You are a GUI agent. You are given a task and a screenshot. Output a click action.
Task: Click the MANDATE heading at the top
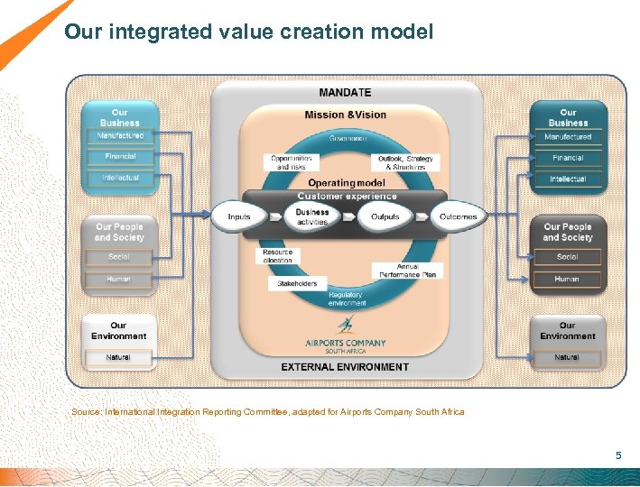pyautogui.click(x=345, y=93)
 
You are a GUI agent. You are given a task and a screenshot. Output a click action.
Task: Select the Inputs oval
pyautogui.click(x=239, y=217)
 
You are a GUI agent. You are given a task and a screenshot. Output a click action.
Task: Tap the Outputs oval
pyautogui.click(x=385, y=217)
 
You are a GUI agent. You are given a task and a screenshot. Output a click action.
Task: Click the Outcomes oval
pyautogui.click(x=459, y=217)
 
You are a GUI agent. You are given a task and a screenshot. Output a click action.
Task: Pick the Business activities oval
pyautogui.click(x=312, y=217)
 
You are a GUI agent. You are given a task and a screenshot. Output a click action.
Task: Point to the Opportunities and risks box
pyautogui.click(x=292, y=163)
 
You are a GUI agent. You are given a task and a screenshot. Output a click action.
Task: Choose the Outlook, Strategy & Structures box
pyautogui.click(x=405, y=163)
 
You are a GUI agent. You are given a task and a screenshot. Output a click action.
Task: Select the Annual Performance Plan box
pyautogui.click(x=407, y=271)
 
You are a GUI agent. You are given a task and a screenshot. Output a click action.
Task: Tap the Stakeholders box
pyautogui.click(x=296, y=283)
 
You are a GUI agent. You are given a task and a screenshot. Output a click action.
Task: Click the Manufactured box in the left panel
pyautogui.click(x=120, y=136)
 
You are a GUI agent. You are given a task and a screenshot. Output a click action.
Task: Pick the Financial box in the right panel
pyautogui.click(x=568, y=158)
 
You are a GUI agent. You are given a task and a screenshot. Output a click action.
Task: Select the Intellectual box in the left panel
pyautogui.click(x=120, y=179)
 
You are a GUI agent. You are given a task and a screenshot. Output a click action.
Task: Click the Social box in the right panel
pyautogui.click(x=568, y=257)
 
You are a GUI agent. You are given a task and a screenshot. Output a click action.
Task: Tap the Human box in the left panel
pyautogui.click(x=119, y=279)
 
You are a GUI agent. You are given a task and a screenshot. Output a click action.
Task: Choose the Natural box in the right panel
pyautogui.click(x=568, y=358)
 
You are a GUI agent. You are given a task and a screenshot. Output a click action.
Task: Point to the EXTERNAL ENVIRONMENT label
pyautogui.click(x=345, y=367)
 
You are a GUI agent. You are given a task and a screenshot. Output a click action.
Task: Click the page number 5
pyautogui.click(x=618, y=455)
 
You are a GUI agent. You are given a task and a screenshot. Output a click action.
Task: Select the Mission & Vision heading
pyautogui.click(x=345, y=115)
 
